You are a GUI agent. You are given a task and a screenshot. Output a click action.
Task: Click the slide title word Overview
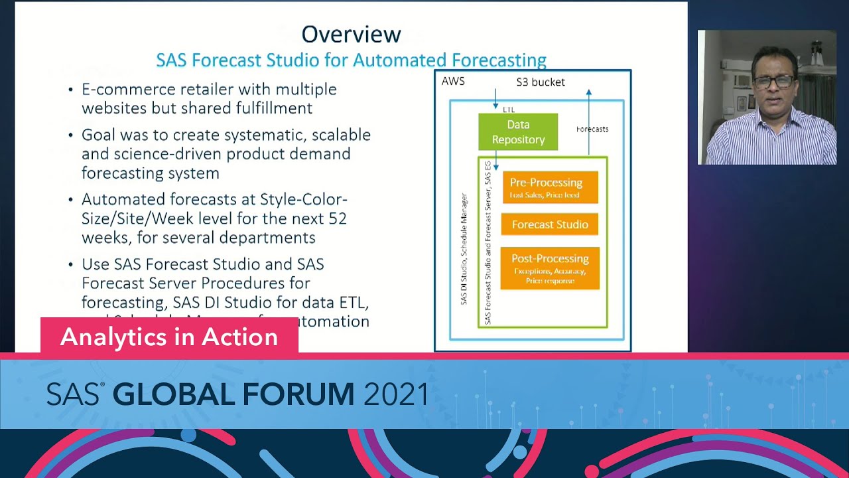[x=351, y=34]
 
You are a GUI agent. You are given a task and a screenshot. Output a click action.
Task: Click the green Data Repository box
[x=518, y=131]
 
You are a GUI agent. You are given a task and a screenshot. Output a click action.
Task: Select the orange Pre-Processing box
[x=550, y=187]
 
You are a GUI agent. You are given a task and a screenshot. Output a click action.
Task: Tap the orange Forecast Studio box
[x=550, y=224]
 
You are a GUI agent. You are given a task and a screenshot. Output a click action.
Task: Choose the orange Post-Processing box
[x=550, y=268]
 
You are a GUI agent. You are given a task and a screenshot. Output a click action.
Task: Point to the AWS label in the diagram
[x=453, y=81]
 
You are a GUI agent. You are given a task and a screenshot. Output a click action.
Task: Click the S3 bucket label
[x=541, y=82]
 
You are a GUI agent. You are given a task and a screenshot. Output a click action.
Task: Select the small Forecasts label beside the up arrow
[x=592, y=129]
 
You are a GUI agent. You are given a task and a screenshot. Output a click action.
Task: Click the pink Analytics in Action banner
[x=169, y=337]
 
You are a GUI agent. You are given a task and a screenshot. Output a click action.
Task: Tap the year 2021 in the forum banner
[x=396, y=395]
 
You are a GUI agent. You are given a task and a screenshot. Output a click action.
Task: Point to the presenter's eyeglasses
[x=773, y=82]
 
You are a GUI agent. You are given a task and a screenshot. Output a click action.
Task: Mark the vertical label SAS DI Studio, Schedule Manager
[x=464, y=249]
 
